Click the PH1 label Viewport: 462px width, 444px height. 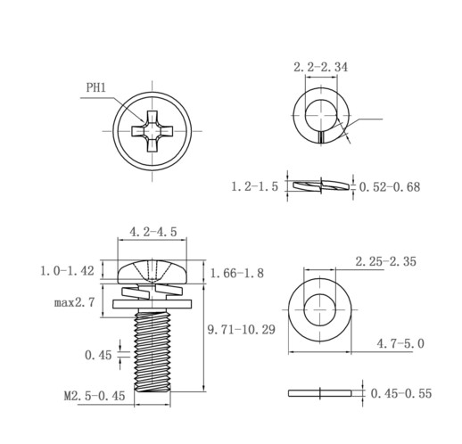click(95, 88)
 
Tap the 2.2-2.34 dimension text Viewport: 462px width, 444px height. click(320, 67)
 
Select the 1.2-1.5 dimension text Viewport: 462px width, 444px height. click(255, 186)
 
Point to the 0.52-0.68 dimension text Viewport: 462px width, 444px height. click(390, 187)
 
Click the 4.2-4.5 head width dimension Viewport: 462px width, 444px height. click(153, 232)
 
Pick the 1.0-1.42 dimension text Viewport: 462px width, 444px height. click(67, 271)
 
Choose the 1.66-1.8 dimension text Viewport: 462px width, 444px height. click(237, 273)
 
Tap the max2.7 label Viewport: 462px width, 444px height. click(75, 302)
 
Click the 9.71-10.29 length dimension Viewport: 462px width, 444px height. click(242, 330)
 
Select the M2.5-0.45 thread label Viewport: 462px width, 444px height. click(95, 396)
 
